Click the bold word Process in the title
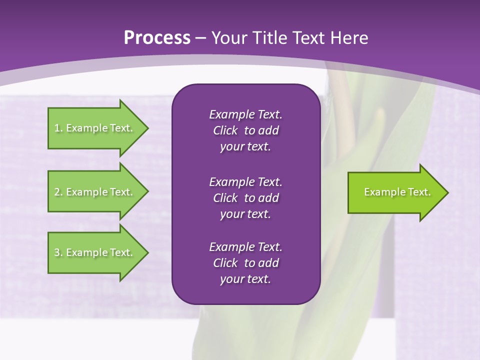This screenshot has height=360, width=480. coord(157,38)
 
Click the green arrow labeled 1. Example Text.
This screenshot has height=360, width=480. coord(95,128)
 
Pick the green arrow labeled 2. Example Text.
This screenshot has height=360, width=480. coord(95,192)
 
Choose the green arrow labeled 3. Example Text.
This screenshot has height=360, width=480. coord(95,252)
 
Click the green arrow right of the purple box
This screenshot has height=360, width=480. coord(395,192)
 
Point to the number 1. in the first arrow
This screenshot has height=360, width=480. coord(58,128)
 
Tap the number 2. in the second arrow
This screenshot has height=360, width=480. coord(58,192)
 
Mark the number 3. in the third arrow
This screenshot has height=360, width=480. coord(58,252)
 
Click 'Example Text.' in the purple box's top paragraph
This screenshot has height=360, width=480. coord(245,114)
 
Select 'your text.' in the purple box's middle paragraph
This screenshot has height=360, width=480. coord(245,214)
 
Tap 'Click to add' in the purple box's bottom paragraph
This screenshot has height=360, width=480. coord(245,263)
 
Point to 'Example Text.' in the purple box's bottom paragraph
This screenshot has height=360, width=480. coord(245,247)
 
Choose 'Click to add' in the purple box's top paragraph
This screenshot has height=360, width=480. coord(245,130)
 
